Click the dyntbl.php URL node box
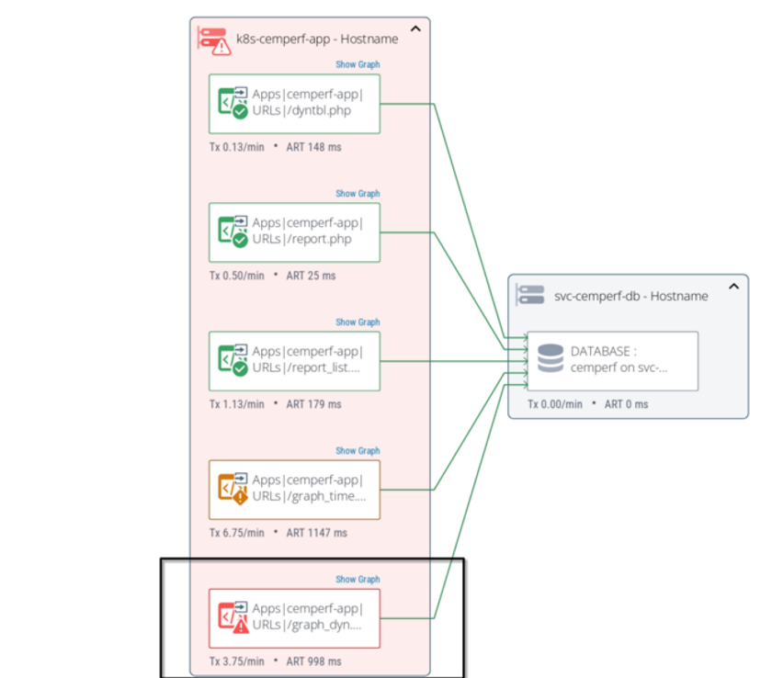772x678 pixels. click(294, 104)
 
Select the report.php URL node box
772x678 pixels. click(294, 232)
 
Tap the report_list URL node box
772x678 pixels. click(294, 361)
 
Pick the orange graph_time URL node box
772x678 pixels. click(294, 490)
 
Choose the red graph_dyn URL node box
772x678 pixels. click(294, 618)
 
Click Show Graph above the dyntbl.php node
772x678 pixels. click(358, 65)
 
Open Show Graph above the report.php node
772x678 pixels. click(358, 194)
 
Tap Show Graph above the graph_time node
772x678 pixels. click(358, 451)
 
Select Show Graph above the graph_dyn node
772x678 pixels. click(358, 580)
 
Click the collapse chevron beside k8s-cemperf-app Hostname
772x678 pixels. click(415, 29)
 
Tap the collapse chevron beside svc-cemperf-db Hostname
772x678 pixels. click(734, 287)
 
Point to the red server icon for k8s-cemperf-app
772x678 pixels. click(215, 40)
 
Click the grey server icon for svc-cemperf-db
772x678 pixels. click(531, 295)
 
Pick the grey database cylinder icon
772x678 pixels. click(550, 358)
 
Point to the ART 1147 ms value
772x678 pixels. click(317, 533)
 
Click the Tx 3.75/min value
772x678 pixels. click(236, 661)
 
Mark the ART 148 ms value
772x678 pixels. click(313, 147)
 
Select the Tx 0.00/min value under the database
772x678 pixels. click(555, 404)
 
